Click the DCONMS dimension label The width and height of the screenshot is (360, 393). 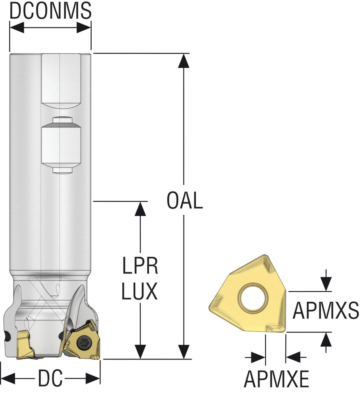[x=50, y=11]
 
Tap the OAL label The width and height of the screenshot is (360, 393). [x=184, y=201]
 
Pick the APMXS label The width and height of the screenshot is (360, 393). [x=325, y=311]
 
